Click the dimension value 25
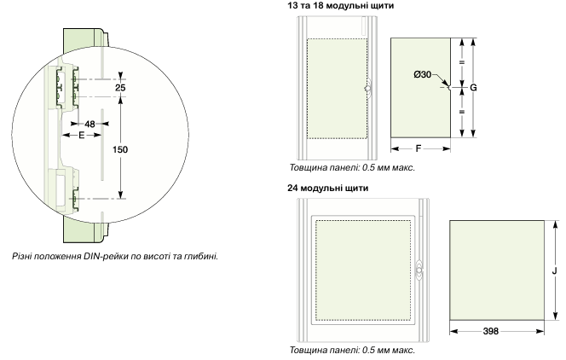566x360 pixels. tap(120, 88)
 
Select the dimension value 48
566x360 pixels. tap(90, 123)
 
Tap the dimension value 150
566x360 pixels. tap(120, 149)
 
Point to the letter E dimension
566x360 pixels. tap(82, 135)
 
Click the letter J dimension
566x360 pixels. tap(555, 267)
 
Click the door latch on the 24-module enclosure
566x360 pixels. tap(418, 268)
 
